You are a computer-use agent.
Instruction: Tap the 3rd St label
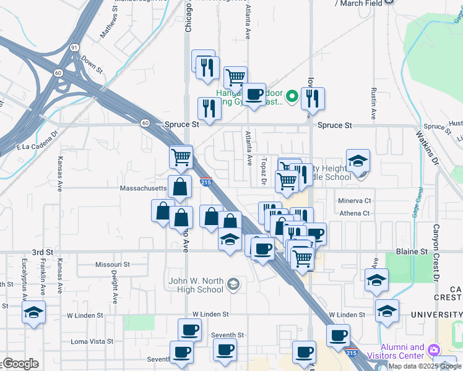click(42, 252)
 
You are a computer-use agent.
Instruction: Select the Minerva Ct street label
click(354, 201)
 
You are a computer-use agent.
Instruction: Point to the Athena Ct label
click(353, 213)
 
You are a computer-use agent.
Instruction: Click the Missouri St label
click(112, 264)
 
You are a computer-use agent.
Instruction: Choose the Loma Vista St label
click(92, 341)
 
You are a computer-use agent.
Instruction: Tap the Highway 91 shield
click(74, 47)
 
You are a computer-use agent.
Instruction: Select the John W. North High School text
click(196, 285)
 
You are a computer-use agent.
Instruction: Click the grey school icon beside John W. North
click(233, 284)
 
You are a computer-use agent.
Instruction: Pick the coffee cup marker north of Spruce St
click(253, 95)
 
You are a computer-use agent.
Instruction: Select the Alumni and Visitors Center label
click(402, 351)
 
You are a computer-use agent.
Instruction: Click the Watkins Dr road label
click(426, 146)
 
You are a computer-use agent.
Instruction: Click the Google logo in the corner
click(20, 364)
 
